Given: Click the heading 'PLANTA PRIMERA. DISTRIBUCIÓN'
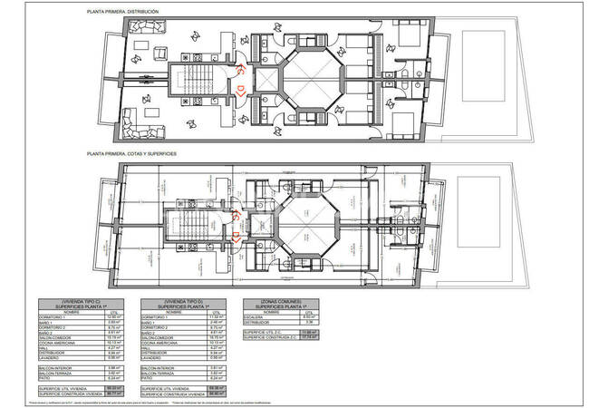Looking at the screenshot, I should [x=121, y=11].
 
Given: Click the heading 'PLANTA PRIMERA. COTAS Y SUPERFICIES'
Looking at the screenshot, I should [x=130, y=155].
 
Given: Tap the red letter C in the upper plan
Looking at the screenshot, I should [x=240, y=68].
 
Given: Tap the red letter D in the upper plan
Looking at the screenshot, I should [x=240, y=89].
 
